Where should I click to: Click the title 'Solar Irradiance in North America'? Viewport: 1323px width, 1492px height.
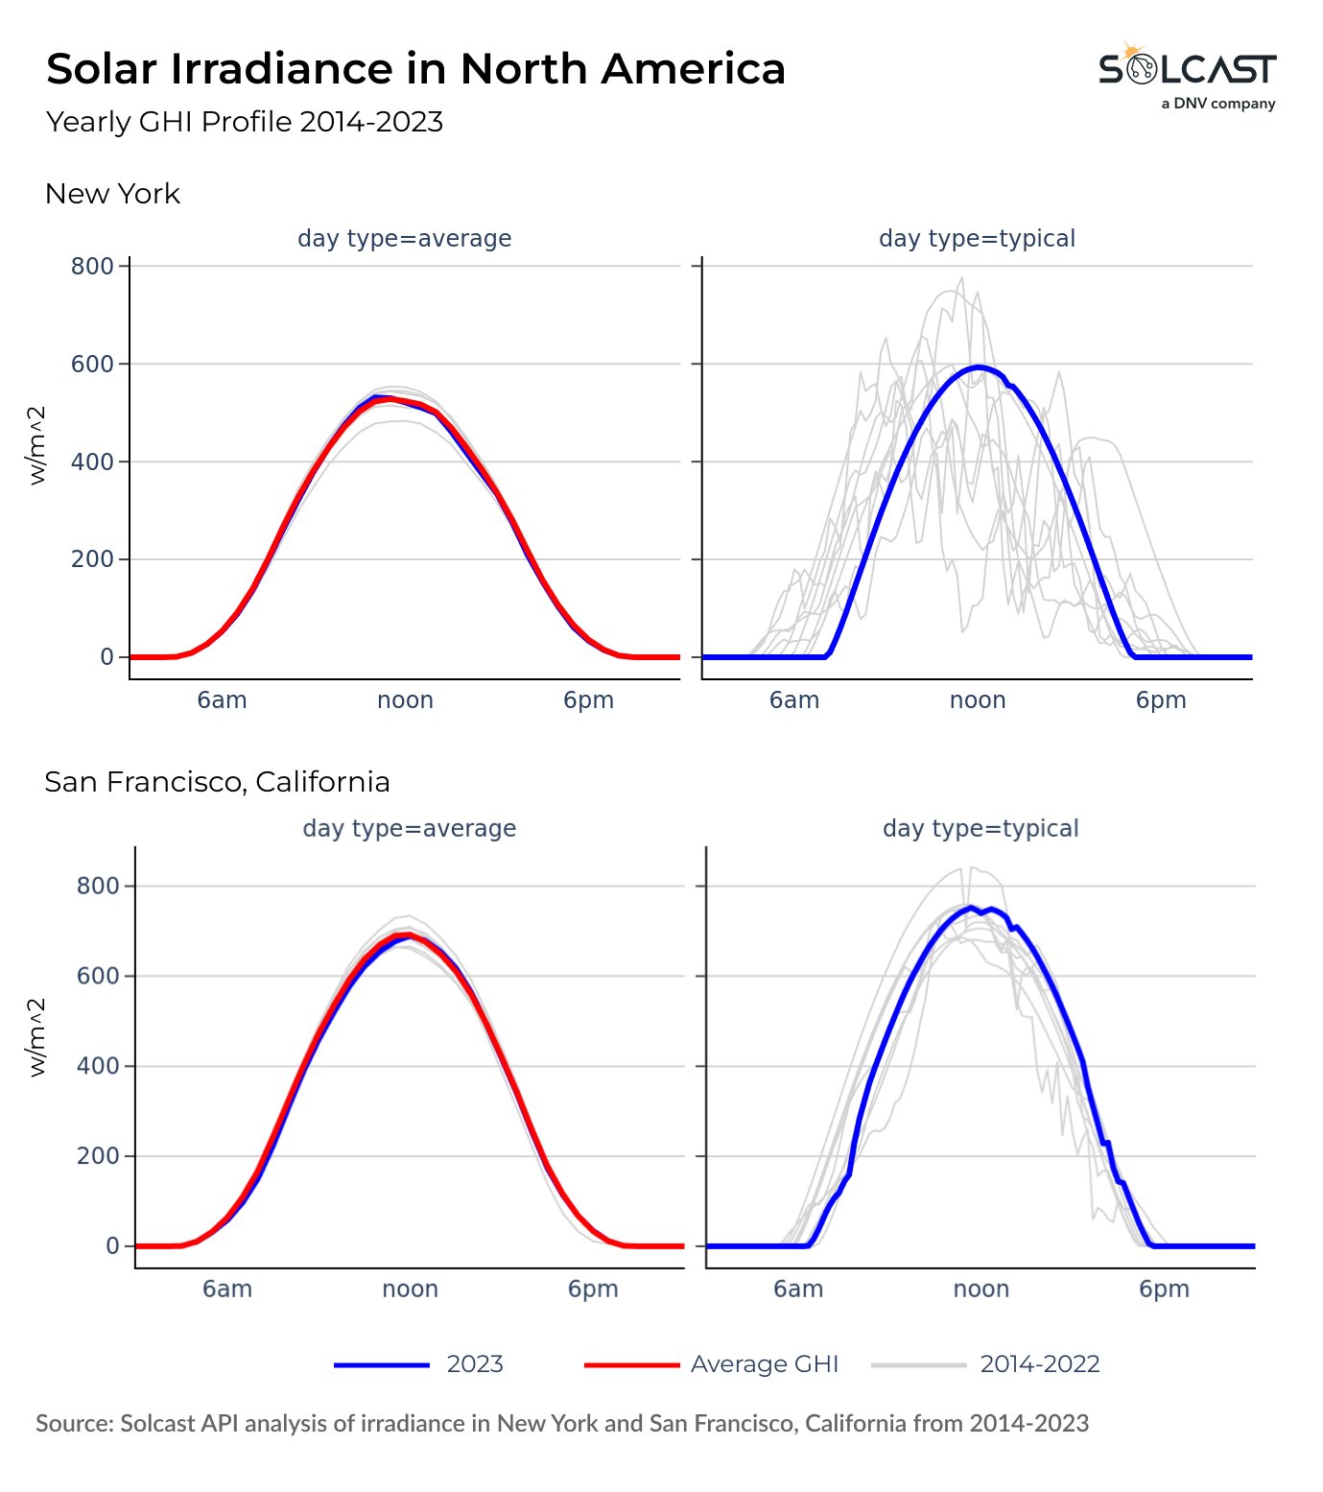(415, 69)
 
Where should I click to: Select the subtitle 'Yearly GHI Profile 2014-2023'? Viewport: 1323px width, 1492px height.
(245, 123)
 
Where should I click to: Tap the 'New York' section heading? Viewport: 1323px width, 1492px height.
(112, 194)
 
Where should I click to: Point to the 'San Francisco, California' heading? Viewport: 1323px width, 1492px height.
(217, 782)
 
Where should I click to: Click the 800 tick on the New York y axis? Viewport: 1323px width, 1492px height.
(92, 266)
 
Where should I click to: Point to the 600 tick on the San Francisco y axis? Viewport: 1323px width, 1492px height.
(98, 976)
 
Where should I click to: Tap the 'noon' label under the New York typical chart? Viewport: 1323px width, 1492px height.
(978, 700)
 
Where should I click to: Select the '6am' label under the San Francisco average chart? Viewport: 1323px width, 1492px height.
(227, 1289)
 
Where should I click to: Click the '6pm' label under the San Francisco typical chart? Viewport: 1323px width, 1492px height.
(1164, 1289)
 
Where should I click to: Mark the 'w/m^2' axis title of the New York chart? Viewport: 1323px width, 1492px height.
(37, 446)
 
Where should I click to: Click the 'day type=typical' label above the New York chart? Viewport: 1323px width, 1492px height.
(977, 239)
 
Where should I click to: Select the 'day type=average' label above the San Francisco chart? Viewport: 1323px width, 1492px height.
(410, 828)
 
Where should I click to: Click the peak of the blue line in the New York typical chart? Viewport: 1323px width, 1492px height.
(978, 367)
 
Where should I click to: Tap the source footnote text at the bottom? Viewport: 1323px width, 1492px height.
(562, 1423)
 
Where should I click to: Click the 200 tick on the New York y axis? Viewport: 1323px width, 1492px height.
(92, 559)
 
